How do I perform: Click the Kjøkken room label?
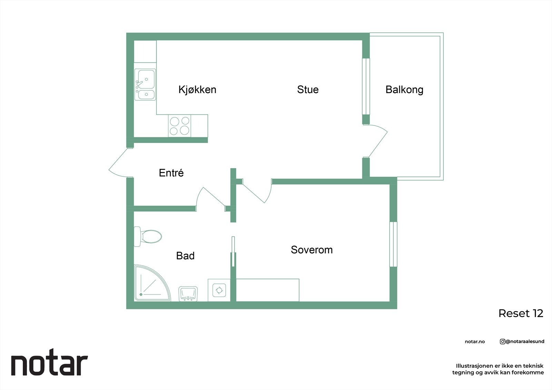point(197,90)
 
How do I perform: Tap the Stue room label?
point(308,90)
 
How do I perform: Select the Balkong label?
point(404,90)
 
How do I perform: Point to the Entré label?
point(171,173)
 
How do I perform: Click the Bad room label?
point(185,256)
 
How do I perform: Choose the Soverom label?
point(312,250)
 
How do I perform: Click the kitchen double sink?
point(145,85)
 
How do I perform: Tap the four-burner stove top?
point(179,126)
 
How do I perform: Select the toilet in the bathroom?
point(148,237)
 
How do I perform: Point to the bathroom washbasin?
point(188,293)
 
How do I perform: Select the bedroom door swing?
point(257,192)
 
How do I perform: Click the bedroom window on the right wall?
point(393,244)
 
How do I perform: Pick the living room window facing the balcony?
point(366,86)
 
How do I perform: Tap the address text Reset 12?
point(521,313)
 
